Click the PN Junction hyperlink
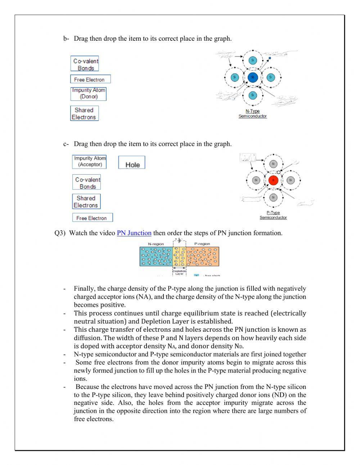click(x=134, y=233)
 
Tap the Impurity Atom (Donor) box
click(x=89, y=94)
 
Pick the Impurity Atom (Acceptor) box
click(x=90, y=161)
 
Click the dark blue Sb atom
click(x=252, y=77)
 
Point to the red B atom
click(x=273, y=180)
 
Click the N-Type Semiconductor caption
click(x=252, y=114)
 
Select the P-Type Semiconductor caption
click(x=273, y=215)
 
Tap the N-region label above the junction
click(x=156, y=244)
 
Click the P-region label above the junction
click(x=202, y=244)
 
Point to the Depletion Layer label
click(x=179, y=272)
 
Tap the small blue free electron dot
click(x=270, y=58)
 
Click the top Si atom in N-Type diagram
click(x=252, y=60)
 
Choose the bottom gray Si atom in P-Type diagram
click(x=273, y=197)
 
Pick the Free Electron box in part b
click(x=90, y=80)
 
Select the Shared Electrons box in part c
click(x=86, y=202)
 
